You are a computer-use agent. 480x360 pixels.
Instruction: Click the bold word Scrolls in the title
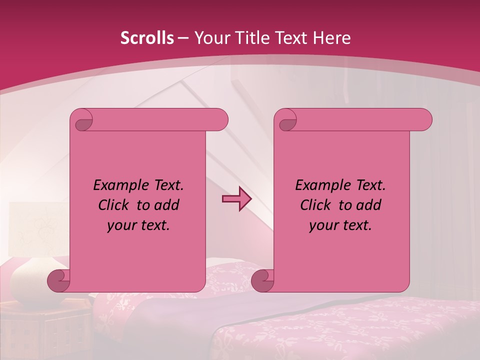147,38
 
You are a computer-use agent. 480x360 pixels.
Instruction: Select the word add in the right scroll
369,205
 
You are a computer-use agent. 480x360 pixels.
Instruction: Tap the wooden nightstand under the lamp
45,330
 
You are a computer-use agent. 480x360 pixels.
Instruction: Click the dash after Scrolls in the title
182,38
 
